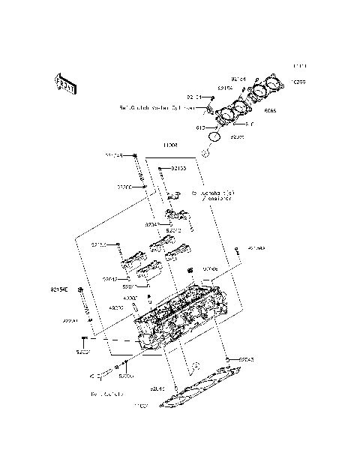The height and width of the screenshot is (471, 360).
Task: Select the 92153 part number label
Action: click(x=178, y=169)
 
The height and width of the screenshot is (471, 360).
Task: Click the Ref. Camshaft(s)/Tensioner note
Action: click(x=214, y=196)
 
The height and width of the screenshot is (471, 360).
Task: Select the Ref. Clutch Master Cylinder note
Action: click(x=157, y=107)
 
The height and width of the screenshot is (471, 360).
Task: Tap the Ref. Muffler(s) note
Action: click(x=106, y=393)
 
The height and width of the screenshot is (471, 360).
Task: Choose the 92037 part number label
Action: click(x=83, y=351)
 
